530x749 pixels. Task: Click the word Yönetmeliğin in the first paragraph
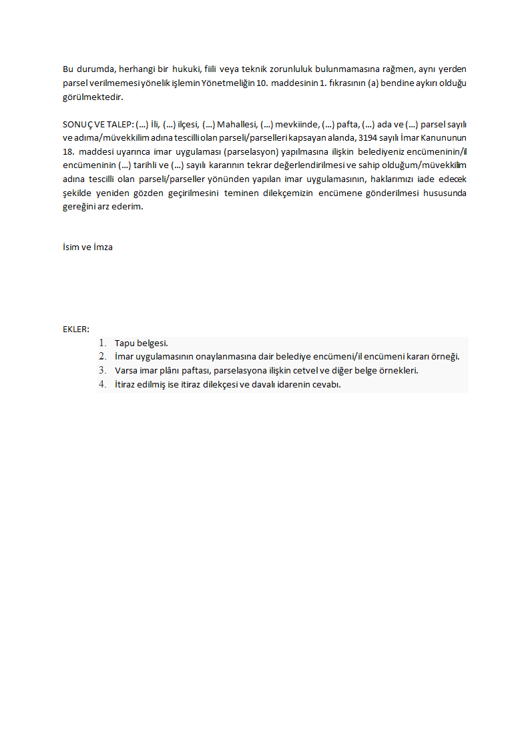pos(226,83)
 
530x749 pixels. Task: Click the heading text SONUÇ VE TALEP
pos(97,125)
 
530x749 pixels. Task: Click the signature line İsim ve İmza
pos(87,247)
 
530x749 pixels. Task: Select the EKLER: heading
pos(76,329)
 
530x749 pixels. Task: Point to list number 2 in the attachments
pos(103,357)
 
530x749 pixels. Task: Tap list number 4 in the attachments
pos(103,384)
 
